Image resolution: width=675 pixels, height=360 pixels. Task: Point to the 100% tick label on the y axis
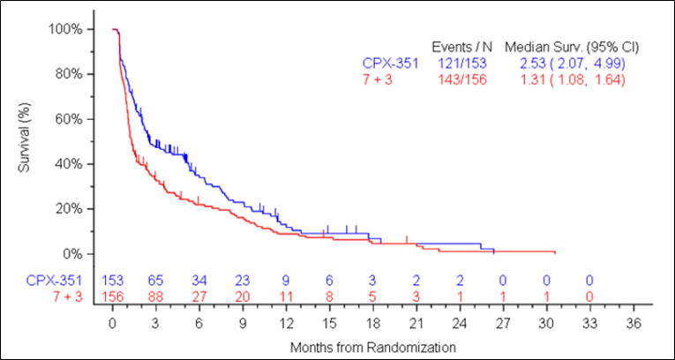point(66,29)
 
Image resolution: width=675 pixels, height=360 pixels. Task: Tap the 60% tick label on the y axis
point(69,119)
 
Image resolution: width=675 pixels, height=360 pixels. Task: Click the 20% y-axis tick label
point(69,209)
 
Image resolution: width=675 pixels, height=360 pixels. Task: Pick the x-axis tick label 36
point(633,324)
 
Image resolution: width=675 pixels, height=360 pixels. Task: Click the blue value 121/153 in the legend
point(461,63)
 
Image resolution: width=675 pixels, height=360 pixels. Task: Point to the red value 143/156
point(461,79)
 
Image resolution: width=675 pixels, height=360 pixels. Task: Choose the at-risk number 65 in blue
point(155,281)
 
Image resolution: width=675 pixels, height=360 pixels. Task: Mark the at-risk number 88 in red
point(155,296)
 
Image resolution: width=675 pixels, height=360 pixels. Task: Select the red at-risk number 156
point(112,296)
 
